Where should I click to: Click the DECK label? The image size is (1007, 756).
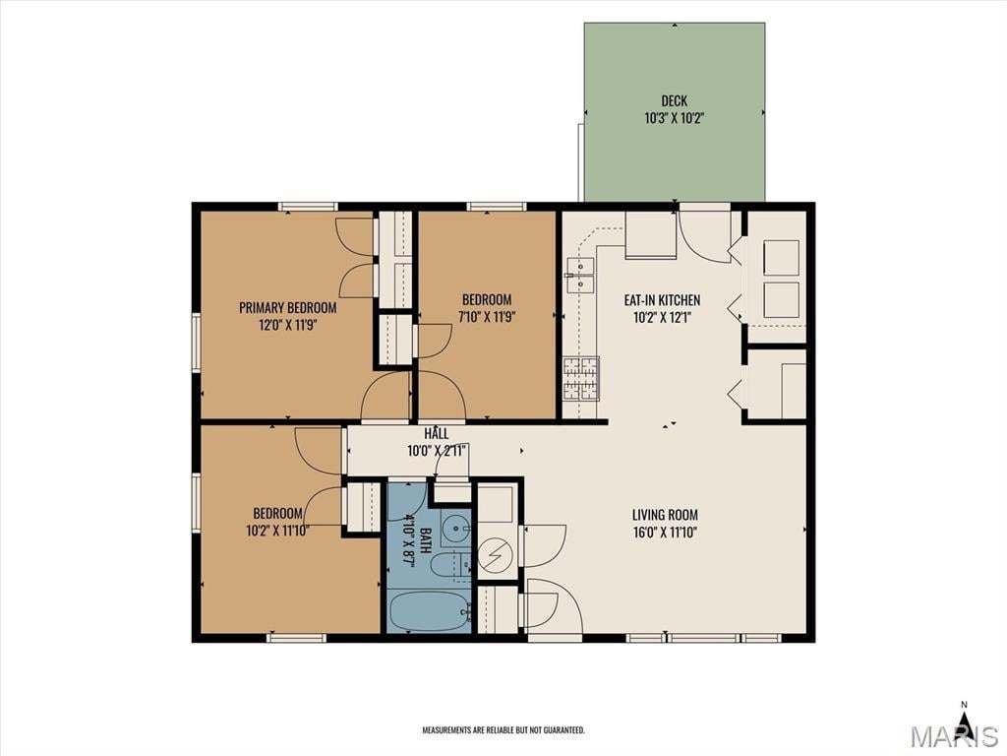coord(674,101)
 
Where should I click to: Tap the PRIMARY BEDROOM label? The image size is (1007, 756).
coord(288,308)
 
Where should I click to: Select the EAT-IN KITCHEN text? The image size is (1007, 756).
coord(662,300)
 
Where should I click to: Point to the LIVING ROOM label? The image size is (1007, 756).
coord(665,515)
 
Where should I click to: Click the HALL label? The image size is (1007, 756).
coord(436,434)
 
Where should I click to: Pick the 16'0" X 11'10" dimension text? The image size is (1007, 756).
coord(665,533)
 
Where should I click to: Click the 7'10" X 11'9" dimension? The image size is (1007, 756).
coord(487,317)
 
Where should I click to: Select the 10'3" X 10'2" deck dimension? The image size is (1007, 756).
coord(674,118)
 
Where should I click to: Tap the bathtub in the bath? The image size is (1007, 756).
coord(430,611)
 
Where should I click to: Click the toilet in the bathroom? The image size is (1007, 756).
coord(449,566)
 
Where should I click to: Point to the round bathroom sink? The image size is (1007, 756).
coord(457,529)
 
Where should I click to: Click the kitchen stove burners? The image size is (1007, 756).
coord(581,379)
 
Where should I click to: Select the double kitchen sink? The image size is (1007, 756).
coord(580,275)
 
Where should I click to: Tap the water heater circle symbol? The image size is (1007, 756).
coord(496,555)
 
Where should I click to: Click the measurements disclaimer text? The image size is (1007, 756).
coord(503,729)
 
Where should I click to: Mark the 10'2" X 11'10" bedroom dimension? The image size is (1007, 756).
coord(277,531)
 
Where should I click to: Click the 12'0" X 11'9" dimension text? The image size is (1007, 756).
coord(288,325)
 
